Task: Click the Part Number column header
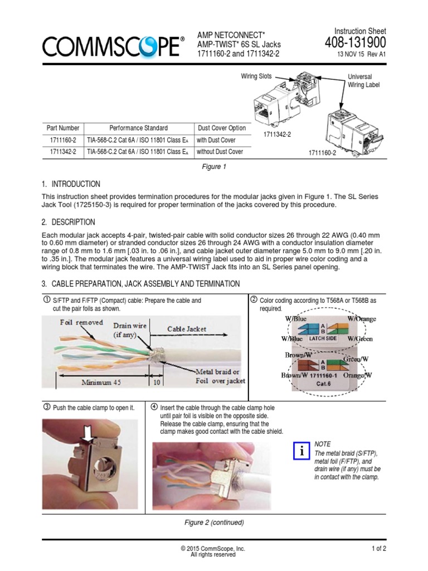63,128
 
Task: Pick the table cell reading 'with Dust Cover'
217,140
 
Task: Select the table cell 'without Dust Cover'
220,152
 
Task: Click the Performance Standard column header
138,128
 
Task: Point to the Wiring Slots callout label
256,76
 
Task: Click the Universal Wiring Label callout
360,81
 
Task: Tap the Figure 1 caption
213,166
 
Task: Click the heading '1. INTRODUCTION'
71,184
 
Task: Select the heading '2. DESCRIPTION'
69,222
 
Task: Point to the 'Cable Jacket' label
187,329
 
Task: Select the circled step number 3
46,407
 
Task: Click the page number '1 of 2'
379,549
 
